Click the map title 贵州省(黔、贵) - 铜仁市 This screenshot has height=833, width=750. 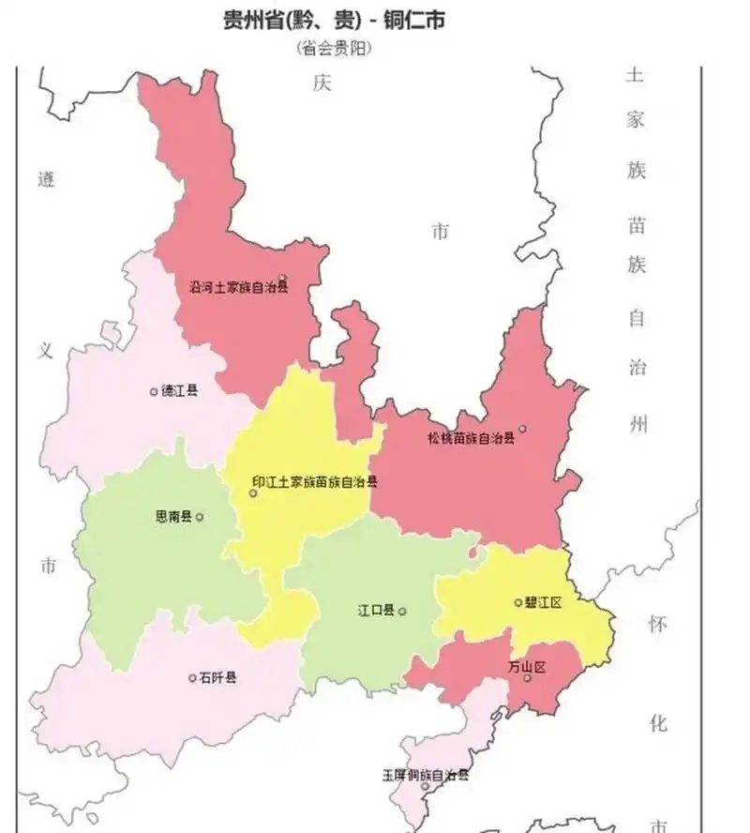(x=332, y=20)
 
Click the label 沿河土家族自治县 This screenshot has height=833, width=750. (x=238, y=287)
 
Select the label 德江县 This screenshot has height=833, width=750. (x=179, y=390)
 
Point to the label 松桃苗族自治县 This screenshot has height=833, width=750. (x=472, y=438)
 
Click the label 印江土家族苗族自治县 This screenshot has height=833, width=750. (x=315, y=482)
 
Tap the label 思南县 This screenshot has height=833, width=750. (x=173, y=517)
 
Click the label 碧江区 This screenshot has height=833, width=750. (x=544, y=602)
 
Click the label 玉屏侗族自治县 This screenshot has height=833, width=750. (x=425, y=775)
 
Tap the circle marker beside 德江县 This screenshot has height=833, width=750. (x=154, y=391)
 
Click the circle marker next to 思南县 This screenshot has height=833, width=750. (x=200, y=517)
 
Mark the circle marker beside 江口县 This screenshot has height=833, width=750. (x=402, y=612)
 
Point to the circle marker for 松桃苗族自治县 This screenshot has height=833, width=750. (x=522, y=430)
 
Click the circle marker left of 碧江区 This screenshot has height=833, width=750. (x=518, y=602)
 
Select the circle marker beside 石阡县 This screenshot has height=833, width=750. (x=192, y=677)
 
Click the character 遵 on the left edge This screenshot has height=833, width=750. (x=47, y=178)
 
